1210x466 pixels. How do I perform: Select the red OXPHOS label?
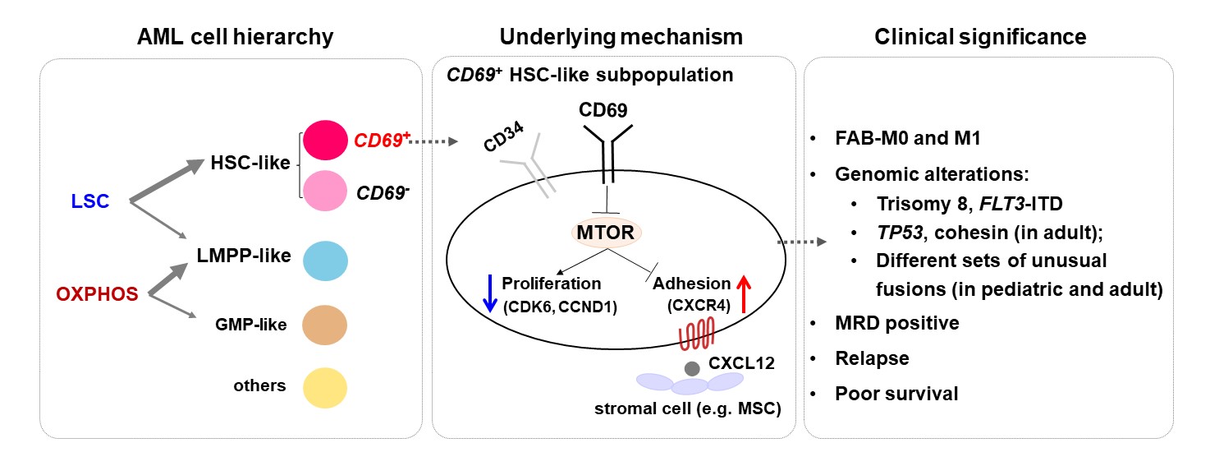coord(96,294)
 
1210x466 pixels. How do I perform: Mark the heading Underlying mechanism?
coord(612,37)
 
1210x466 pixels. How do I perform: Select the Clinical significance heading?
coord(980,37)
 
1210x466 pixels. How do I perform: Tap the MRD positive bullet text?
coord(897,323)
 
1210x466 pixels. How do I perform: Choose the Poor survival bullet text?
coord(896,393)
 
